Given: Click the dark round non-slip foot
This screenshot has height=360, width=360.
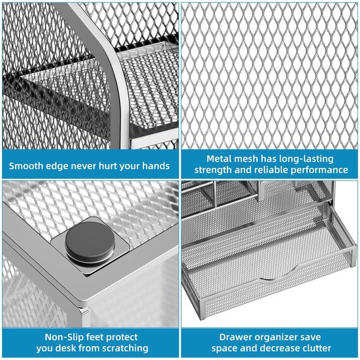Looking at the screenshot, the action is click(x=90, y=243).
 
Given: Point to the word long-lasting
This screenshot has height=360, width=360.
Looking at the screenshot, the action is click(x=306, y=159).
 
